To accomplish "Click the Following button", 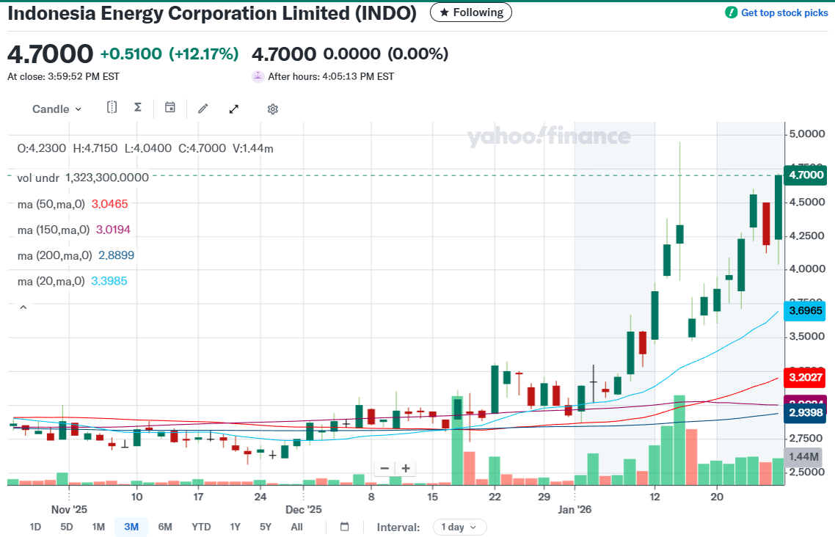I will coord(471,12).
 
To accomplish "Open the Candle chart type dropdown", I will coord(56,109).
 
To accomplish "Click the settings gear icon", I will coord(272,109).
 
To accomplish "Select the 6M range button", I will coord(165,527).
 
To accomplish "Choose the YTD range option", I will coord(201,527).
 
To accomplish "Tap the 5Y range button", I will coord(266,527).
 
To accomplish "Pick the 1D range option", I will coord(35,527).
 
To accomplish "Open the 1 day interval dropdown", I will coord(459,527).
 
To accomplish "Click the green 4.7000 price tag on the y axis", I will coord(804,175).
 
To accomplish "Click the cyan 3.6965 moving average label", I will coord(804,311).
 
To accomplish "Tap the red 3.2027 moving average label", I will coord(804,379).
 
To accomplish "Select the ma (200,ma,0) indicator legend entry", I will coord(76,255).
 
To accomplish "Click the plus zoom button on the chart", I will coord(406,469).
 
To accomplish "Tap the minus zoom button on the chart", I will coord(384,469).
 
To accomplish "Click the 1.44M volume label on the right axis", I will coord(804,457).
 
